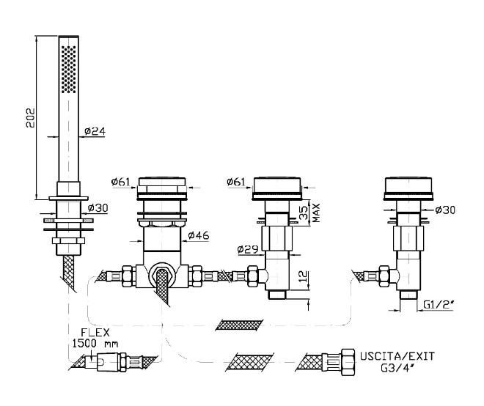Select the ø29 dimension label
click(x=247, y=249)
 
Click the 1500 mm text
click(x=96, y=343)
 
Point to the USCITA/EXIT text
click(x=397, y=355)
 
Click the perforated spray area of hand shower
click(x=68, y=69)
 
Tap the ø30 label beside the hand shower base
click(x=98, y=207)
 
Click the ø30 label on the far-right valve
click(x=446, y=210)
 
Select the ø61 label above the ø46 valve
click(x=121, y=181)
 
